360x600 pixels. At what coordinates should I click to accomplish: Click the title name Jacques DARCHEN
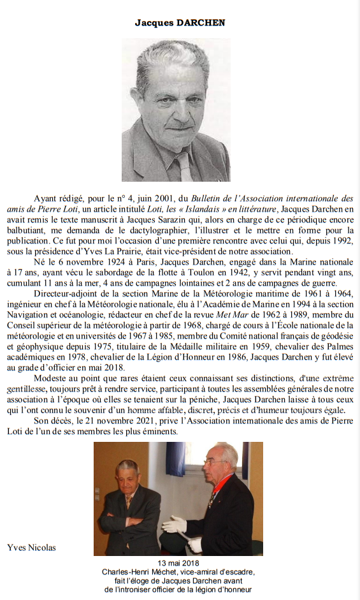[x=180, y=22]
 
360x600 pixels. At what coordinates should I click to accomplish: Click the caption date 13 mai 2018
[x=179, y=563]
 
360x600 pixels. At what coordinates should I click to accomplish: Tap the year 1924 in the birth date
[x=122, y=262]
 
